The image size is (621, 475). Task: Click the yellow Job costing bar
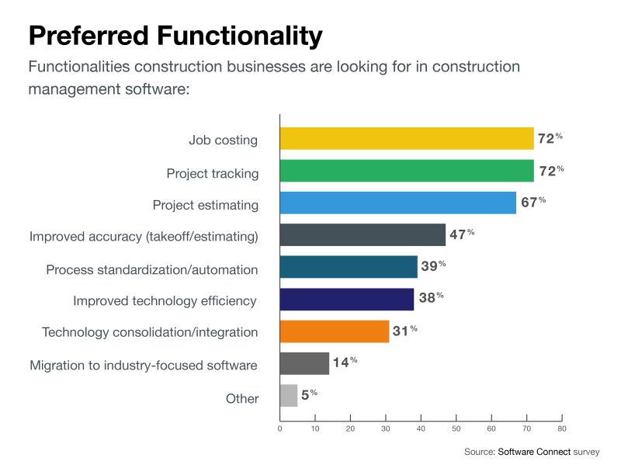pos(406,139)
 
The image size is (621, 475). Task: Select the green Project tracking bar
pos(406,171)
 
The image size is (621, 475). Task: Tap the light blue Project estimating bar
pos(397,203)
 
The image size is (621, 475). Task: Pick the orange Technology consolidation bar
pos(334,331)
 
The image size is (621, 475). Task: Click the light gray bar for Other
pos(288,396)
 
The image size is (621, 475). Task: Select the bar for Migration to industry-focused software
pos(304,363)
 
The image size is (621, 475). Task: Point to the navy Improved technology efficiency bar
pos(346,300)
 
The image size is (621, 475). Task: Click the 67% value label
pos(533,202)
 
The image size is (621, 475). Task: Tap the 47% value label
pos(462,234)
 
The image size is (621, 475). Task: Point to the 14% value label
pos(345,362)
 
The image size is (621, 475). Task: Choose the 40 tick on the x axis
pos(421,428)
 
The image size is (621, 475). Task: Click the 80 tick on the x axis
pos(562,428)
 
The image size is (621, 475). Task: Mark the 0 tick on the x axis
pos(279,428)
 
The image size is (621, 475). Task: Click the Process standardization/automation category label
pos(151,269)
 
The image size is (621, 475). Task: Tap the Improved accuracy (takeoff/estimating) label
pos(143,237)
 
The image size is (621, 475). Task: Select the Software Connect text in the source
pos(533,452)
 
